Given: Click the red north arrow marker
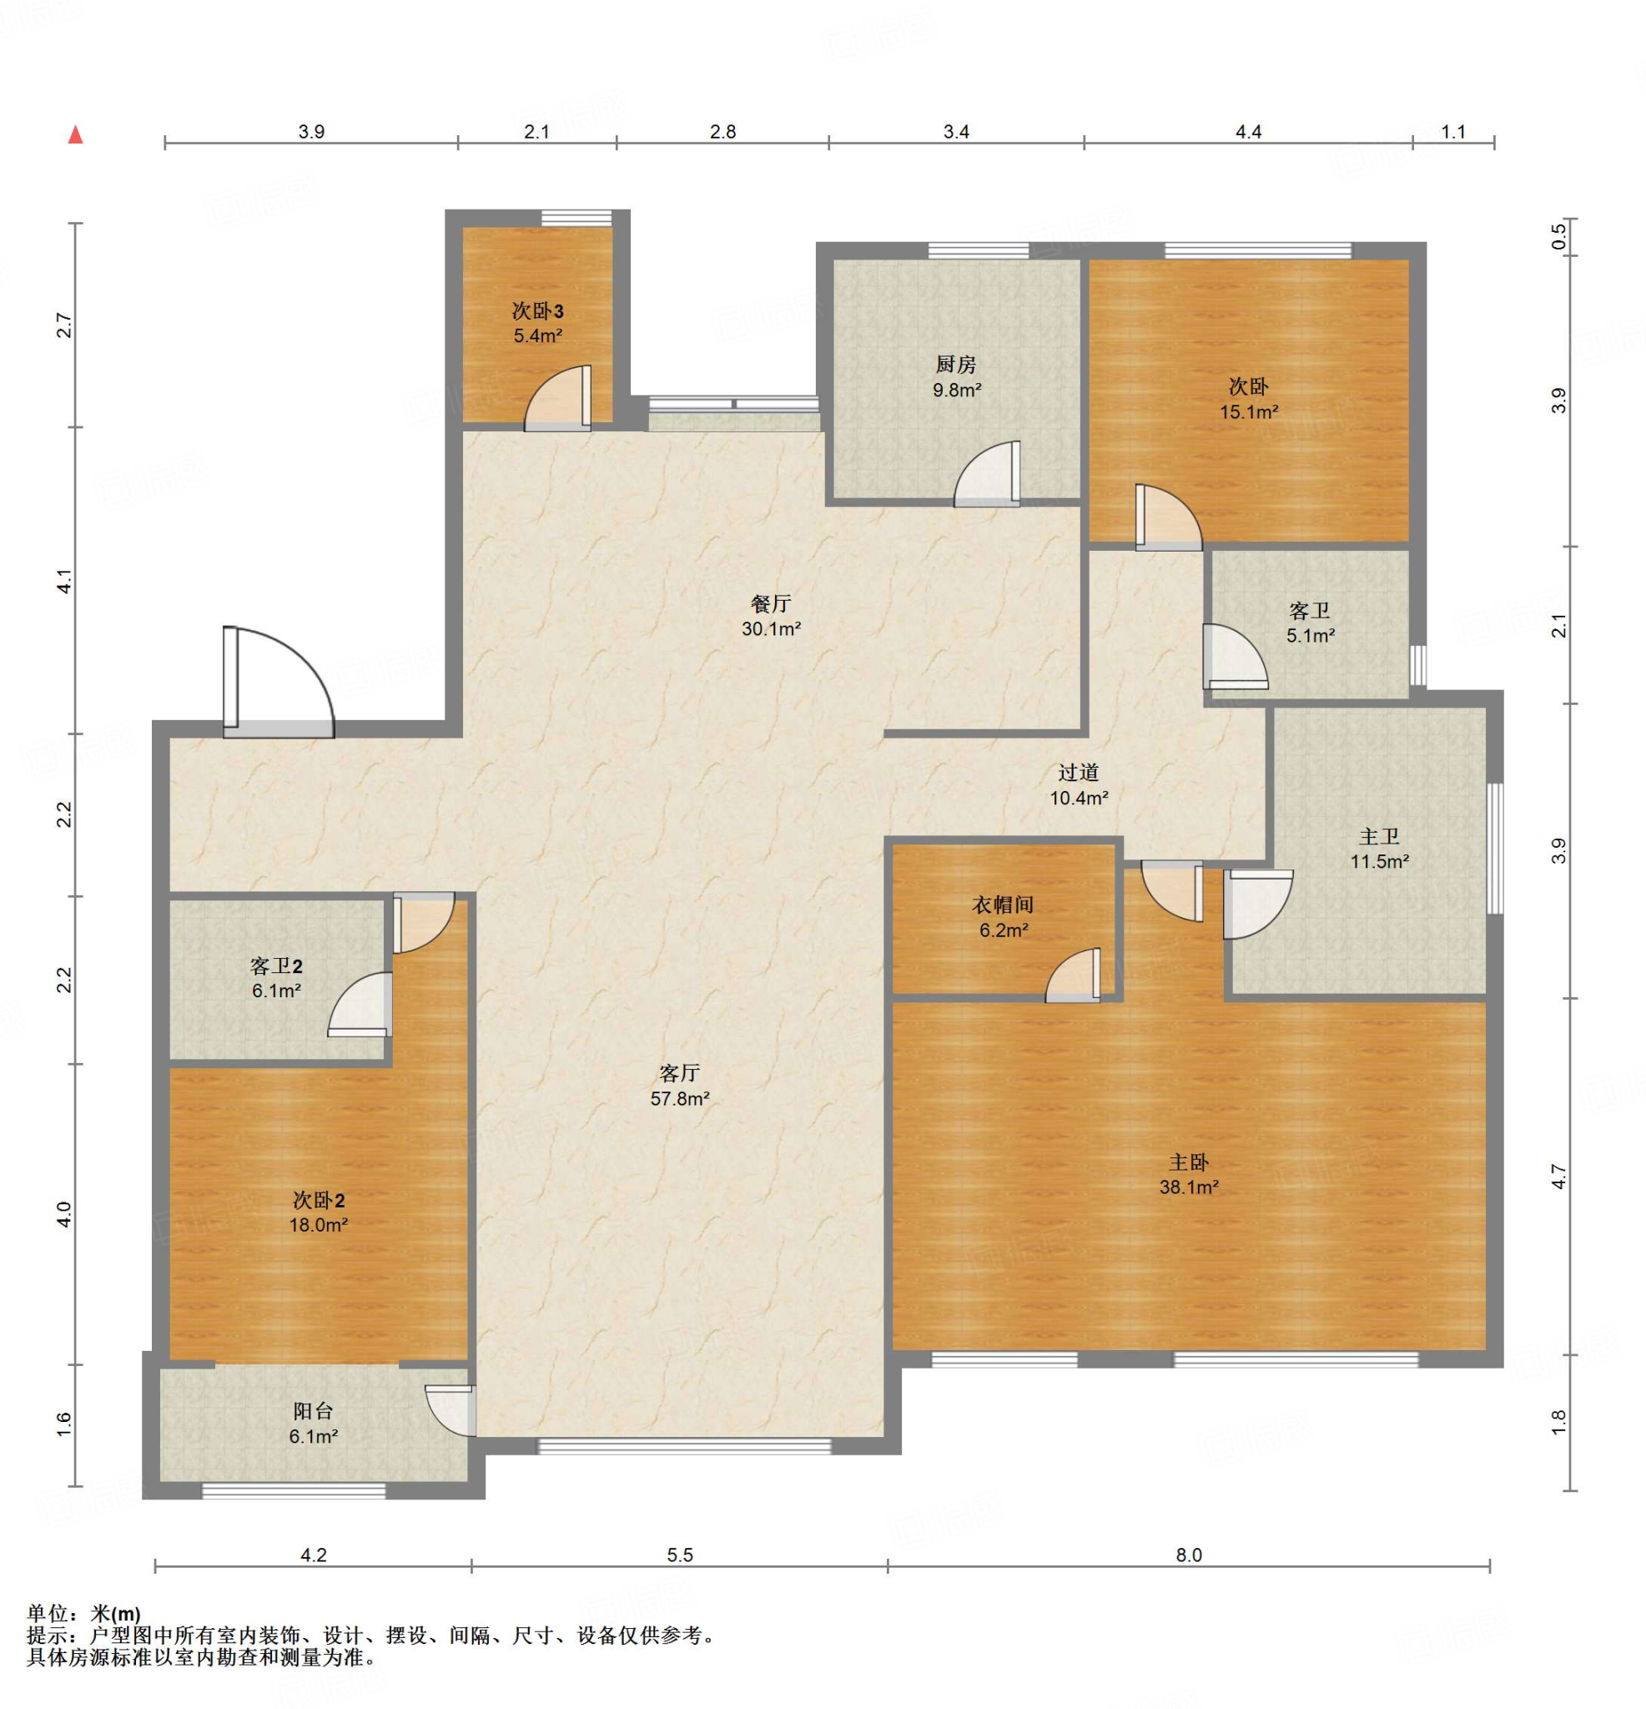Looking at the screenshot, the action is [76, 135].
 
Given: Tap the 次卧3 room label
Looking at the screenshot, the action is [537, 311].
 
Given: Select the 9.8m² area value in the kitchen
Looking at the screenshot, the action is [957, 391].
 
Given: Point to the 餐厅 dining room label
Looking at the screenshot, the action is [771, 603].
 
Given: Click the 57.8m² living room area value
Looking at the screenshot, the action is [680, 1099].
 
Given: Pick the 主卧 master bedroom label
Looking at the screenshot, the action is [1189, 1162].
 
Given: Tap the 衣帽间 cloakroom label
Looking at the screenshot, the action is [1004, 905].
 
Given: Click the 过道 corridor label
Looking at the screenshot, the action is [1079, 773].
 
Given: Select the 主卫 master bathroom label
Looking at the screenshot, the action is [1379, 837].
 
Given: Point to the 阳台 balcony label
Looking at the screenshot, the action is [313, 1412].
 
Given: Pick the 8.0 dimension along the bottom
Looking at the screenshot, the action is [1189, 1555].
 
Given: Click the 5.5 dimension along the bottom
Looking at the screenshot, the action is [680, 1555].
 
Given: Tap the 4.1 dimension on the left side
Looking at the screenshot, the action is [63, 582].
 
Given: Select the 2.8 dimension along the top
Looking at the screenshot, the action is [722, 132].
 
